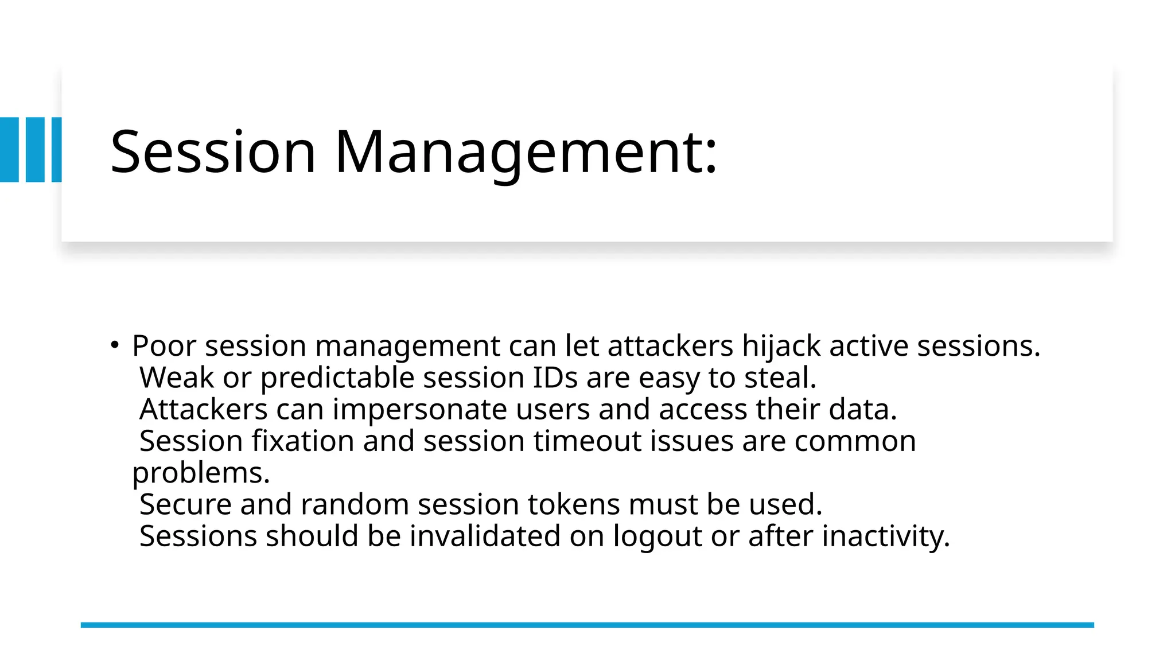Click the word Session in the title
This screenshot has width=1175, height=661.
[213, 152]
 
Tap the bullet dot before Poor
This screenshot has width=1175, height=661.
[115, 345]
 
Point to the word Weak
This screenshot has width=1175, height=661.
[177, 378]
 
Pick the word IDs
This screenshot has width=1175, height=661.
[555, 378]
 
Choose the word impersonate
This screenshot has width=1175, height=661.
[419, 410]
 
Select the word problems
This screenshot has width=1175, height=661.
[201, 473]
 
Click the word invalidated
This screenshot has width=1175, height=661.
[484, 536]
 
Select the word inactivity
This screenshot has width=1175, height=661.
[886, 536]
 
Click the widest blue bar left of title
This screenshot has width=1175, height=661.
[9, 150]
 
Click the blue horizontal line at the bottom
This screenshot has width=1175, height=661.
[587, 625]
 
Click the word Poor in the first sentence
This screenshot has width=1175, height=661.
[164, 346]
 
